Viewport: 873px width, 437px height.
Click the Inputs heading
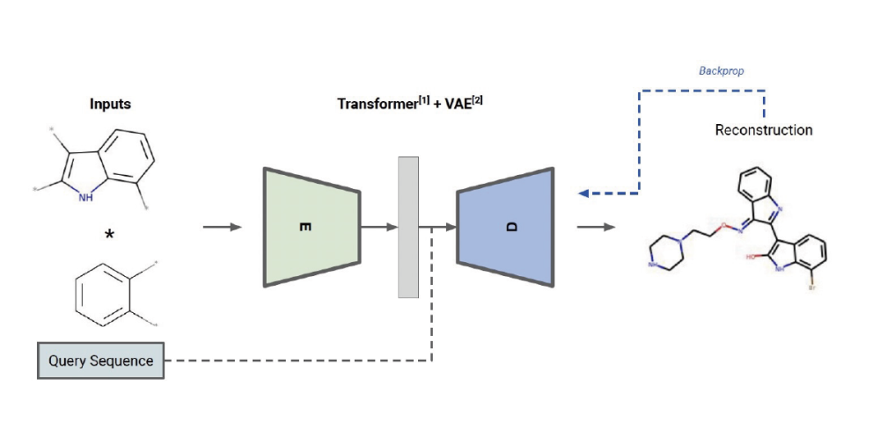[110, 104]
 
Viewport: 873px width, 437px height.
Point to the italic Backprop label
[721, 70]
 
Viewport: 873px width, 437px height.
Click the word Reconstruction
[763, 130]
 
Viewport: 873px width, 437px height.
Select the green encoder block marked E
[311, 227]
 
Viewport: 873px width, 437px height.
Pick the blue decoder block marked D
[505, 227]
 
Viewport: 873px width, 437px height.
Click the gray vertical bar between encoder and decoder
[408, 227]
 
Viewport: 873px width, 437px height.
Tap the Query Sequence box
[100, 361]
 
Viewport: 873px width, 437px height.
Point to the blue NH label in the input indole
[84, 198]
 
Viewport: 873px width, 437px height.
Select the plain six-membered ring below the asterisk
[103, 290]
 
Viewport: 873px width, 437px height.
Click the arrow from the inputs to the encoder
[221, 228]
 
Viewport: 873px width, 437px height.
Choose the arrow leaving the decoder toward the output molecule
[595, 228]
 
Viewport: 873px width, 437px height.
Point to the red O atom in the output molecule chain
[721, 226]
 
